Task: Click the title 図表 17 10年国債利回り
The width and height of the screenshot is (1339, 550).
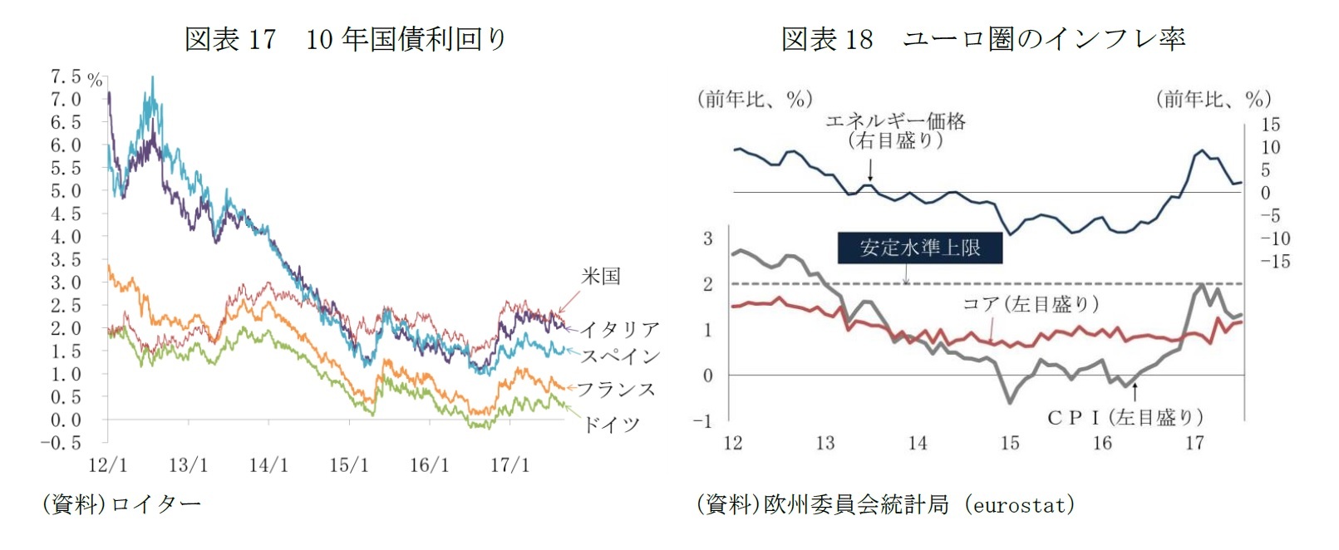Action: tap(345, 39)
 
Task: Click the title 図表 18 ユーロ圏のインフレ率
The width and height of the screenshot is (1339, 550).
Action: tap(982, 39)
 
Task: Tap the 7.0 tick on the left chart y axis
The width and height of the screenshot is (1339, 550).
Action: tap(66, 100)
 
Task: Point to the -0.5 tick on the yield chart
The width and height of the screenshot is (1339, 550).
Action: tap(62, 443)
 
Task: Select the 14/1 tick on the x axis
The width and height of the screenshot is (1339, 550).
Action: tap(268, 465)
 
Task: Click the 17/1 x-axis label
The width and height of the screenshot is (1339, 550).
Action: tap(510, 465)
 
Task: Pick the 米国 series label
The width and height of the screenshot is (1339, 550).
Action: tap(600, 276)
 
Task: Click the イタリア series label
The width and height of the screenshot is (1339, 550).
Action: tap(619, 330)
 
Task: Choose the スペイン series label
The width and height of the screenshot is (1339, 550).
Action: tap(619, 356)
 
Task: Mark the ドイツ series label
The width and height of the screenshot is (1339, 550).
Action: tap(611, 425)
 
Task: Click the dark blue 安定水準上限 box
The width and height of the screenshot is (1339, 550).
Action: tap(919, 248)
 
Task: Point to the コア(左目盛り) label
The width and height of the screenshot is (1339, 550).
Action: tap(1031, 304)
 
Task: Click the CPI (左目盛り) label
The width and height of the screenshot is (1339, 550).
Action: tap(1125, 417)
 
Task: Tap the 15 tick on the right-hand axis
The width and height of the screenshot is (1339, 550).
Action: tap(1270, 125)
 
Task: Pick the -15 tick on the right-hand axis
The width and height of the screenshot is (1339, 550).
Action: tap(1275, 262)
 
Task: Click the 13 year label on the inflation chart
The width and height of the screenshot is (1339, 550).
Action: tap(825, 443)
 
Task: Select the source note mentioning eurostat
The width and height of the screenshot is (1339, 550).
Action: tap(885, 504)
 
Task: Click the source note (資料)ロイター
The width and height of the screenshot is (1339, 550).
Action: tap(121, 504)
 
